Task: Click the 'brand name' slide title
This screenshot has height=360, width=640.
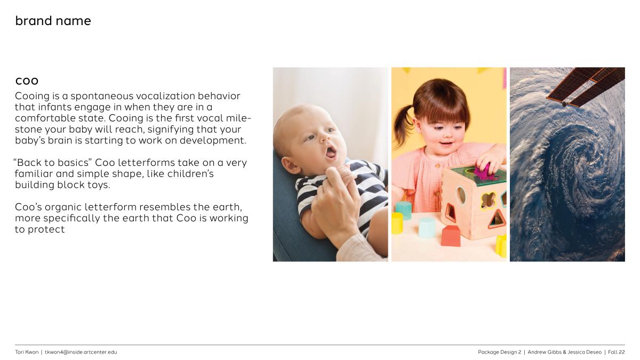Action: [53, 21]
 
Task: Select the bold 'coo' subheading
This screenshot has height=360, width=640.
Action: [27, 81]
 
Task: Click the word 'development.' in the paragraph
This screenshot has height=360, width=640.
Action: [213, 140]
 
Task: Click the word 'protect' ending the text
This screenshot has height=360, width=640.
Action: [46, 229]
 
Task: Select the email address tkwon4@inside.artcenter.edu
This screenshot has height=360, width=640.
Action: [81, 352]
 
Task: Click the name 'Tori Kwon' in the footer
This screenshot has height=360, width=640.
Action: [27, 352]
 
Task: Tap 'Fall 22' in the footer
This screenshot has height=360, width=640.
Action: [617, 352]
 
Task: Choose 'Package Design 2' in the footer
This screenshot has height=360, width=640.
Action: [499, 353]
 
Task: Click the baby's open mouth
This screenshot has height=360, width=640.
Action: [331, 151]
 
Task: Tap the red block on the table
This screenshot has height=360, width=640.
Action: [451, 236]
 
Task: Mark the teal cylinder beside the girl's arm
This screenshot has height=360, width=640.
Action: [404, 210]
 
